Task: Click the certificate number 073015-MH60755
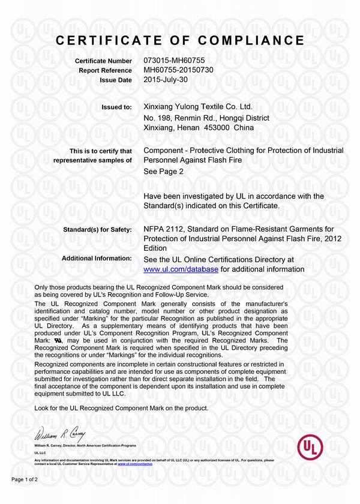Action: coord(175,61)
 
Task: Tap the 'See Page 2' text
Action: coord(163,171)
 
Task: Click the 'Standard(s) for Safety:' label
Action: coord(97,229)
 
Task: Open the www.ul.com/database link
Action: coord(181,269)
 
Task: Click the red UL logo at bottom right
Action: coord(310,448)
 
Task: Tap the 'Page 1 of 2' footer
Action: coord(25,479)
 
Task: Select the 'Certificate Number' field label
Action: coord(103,61)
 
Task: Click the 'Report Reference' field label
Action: coord(105,70)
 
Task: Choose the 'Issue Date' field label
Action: coord(116,79)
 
